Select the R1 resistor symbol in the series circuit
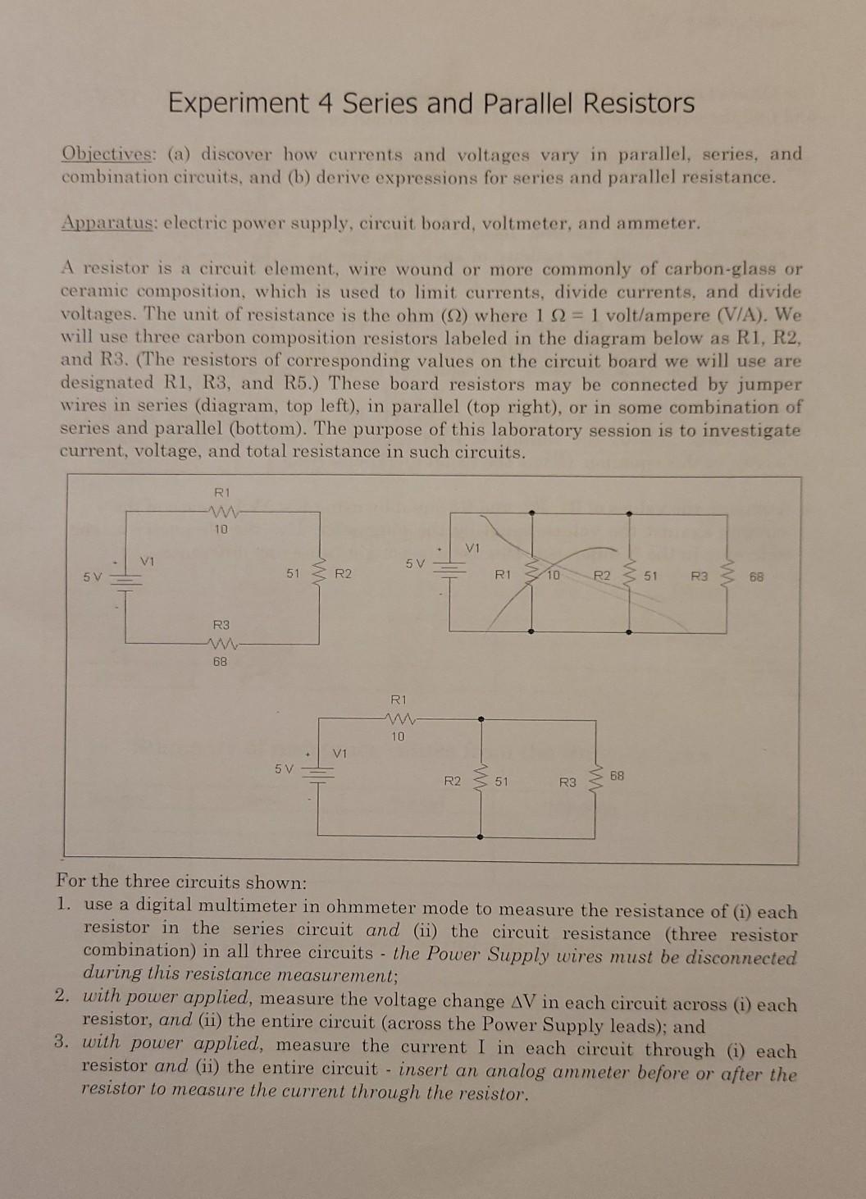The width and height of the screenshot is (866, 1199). click(221, 511)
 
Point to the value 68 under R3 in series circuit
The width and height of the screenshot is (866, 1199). click(220, 660)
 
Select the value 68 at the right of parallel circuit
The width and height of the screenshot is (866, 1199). click(755, 577)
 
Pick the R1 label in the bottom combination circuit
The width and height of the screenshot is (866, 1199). click(398, 700)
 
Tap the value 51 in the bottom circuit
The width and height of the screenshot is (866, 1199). click(501, 782)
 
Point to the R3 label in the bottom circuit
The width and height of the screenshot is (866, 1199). click(567, 782)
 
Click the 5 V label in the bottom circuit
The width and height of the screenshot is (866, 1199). click(284, 768)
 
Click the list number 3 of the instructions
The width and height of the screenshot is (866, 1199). click(62, 1042)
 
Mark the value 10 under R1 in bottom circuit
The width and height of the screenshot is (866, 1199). click(398, 736)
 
